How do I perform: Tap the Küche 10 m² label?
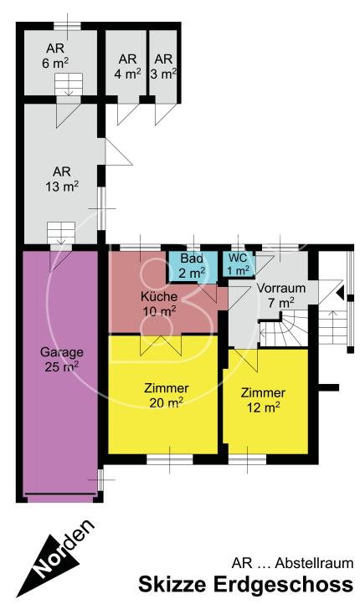158,303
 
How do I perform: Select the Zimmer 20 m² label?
166,394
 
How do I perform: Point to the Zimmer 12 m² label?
262,400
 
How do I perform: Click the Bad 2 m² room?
192,265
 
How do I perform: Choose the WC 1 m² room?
238,264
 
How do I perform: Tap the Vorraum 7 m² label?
287,294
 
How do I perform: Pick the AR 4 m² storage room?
127,66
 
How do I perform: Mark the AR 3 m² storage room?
164,66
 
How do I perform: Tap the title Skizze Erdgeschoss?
245,584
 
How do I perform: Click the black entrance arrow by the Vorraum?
339,292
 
